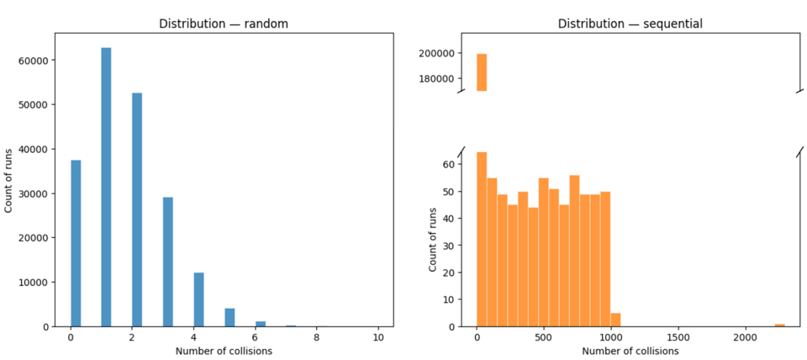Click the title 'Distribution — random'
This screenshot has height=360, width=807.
coord(224,24)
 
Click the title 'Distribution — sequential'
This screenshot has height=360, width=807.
coord(630,24)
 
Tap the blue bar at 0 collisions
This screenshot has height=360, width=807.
coord(76,243)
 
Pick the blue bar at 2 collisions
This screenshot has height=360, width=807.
coord(137,209)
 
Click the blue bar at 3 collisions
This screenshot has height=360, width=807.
coord(167,262)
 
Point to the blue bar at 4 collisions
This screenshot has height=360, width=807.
coord(198,299)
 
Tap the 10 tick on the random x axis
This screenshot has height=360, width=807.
coord(378,337)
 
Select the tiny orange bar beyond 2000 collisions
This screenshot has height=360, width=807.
coord(779,325)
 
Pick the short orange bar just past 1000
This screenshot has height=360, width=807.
coord(615,320)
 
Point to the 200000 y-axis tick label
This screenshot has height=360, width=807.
coord(437,53)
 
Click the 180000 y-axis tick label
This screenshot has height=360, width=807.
coord(437,79)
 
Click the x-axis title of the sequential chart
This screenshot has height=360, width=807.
coord(630,351)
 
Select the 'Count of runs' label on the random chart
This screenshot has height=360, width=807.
coord(10,180)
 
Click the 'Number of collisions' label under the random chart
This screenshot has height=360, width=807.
coord(224,351)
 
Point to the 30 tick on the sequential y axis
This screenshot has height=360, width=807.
coord(447,245)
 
